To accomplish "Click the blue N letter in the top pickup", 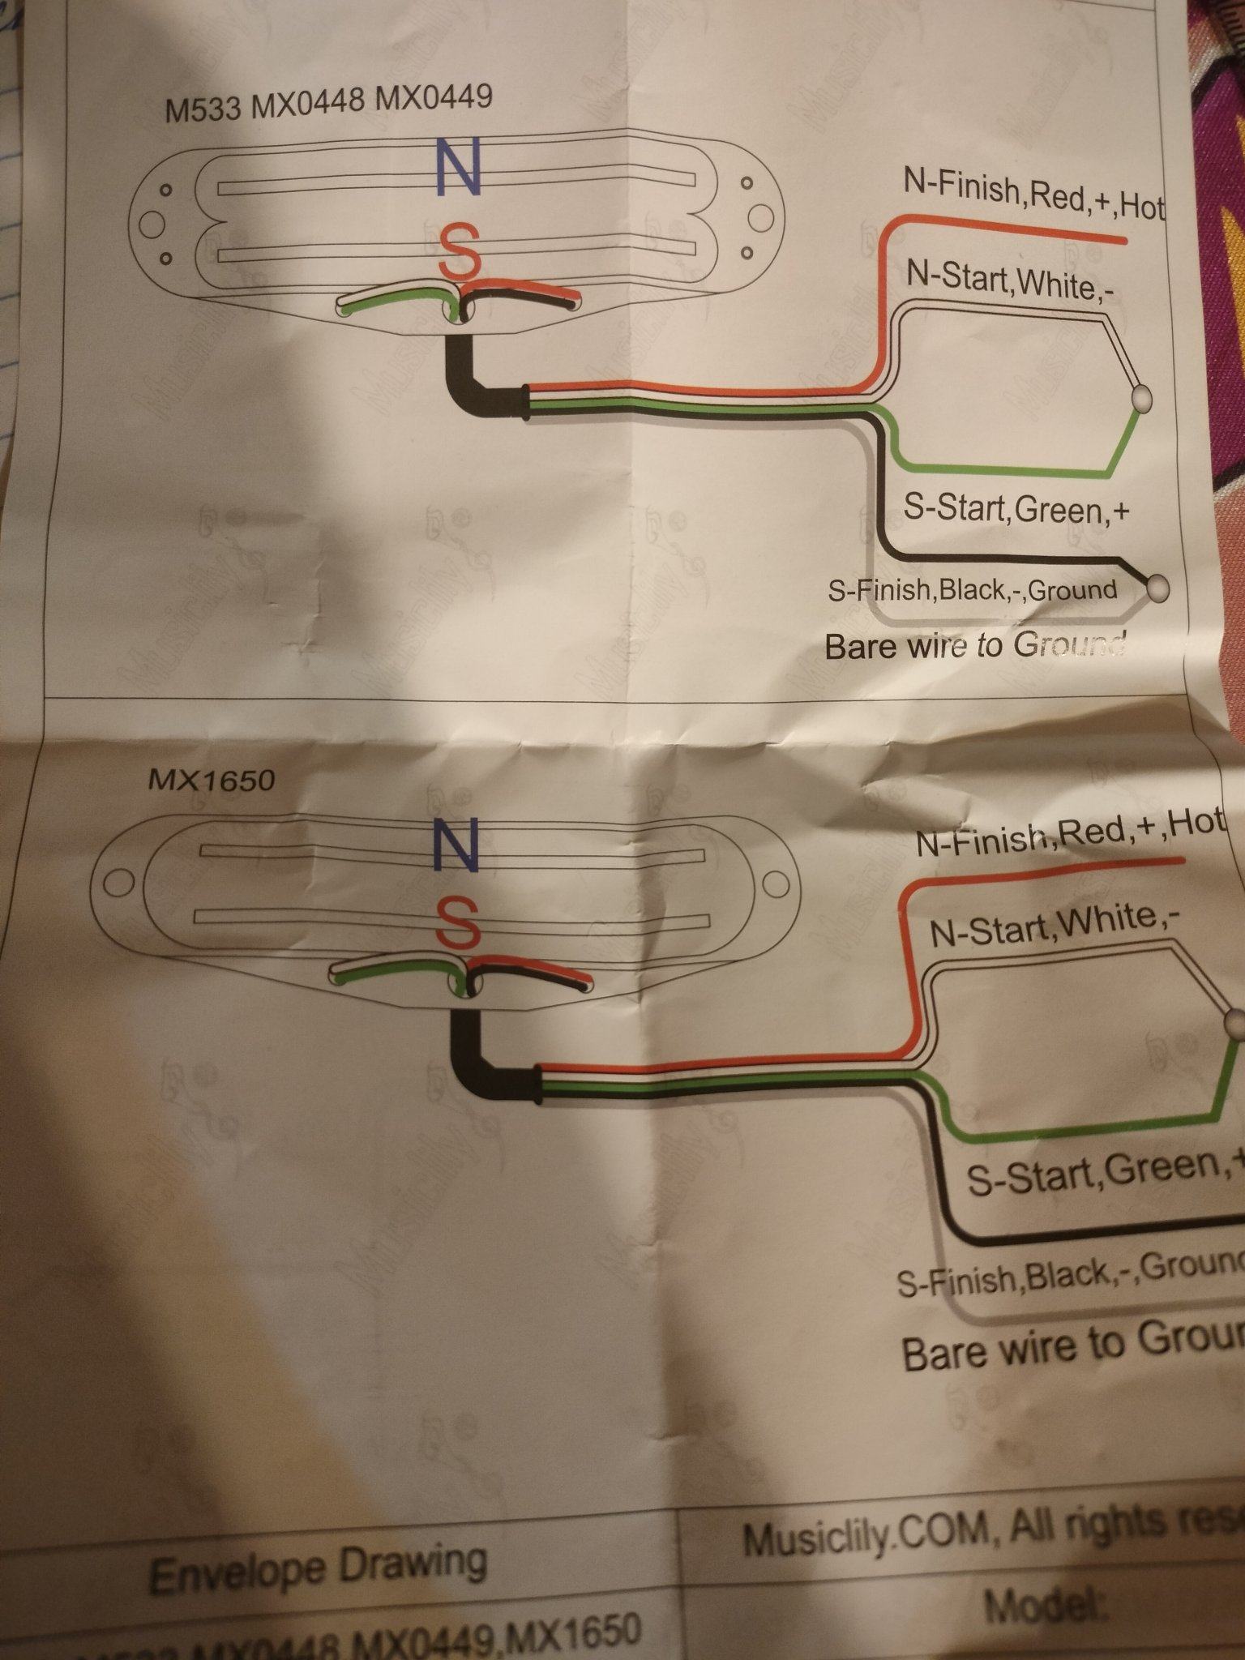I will point(458,165).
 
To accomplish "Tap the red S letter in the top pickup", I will point(458,249).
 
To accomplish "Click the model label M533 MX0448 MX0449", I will point(328,104).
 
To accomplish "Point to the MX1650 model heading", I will point(212,780).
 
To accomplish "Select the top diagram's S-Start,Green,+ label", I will point(1016,510).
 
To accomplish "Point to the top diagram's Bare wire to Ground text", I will point(974,646).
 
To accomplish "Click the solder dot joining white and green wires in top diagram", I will point(1141,398).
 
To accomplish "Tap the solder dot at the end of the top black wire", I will point(1159,588).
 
